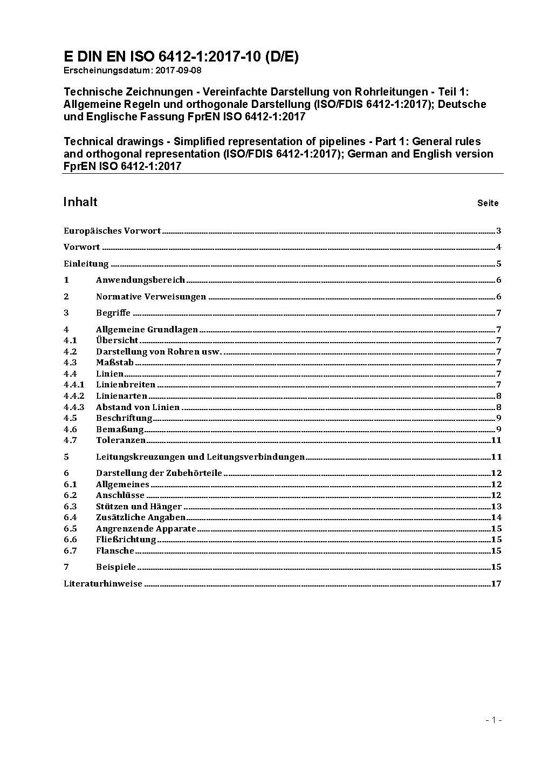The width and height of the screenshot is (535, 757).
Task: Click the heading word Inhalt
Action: pyautogui.click(x=80, y=202)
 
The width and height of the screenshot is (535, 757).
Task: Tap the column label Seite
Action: pyautogui.click(x=488, y=203)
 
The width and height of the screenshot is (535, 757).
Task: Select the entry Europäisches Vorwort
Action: pyautogui.click(x=112, y=231)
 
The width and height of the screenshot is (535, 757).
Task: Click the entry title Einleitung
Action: pyautogui.click(x=86, y=264)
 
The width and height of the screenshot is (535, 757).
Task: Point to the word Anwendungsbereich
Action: pyautogui.click(x=140, y=280)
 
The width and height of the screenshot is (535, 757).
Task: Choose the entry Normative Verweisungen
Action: pyautogui.click(x=151, y=297)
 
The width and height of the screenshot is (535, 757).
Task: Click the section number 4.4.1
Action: pyautogui.click(x=74, y=385)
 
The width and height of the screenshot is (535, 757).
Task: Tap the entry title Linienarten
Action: pyautogui.click(x=121, y=396)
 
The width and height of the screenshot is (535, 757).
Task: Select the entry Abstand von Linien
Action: pyautogui.click(x=138, y=407)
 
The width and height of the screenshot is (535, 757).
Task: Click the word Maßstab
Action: pyautogui.click(x=114, y=363)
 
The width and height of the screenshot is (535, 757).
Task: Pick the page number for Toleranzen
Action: pyautogui.click(x=496, y=440)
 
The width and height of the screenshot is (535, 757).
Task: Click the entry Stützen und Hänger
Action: pyautogui.click(x=139, y=507)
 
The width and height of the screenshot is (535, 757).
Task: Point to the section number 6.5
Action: pyautogui.click(x=70, y=529)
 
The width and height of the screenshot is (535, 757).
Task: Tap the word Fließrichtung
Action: pyautogui.click(x=126, y=540)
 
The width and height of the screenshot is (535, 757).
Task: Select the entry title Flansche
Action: pyautogui.click(x=115, y=551)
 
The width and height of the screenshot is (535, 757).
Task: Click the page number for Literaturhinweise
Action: pyautogui.click(x=496, y=584)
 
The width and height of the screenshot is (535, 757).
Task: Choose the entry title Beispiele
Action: pyautogui.click(x=116, y=567)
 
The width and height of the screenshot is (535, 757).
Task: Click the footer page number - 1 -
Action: pyautogui.click(x=493, y=720)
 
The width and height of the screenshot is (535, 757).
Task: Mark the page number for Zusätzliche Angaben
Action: pyautogui.click(x=496, y=517)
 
